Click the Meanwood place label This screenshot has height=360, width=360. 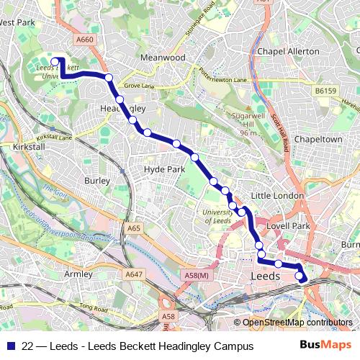(164, 57)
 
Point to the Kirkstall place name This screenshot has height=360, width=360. (29, 146)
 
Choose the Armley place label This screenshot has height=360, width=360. (78, 274)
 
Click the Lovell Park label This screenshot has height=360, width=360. (287, 226)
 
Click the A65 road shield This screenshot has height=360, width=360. (133, 228)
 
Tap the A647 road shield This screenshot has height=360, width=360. (133, 274)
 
